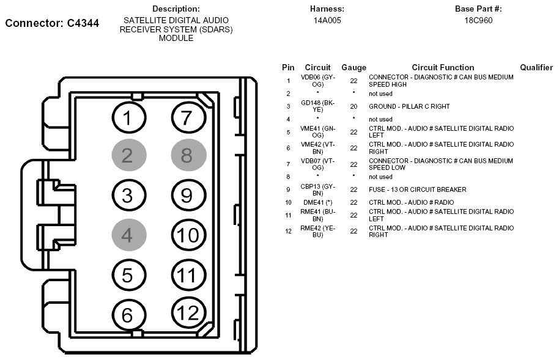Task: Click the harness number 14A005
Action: coord(327,20)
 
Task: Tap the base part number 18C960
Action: coord(478,20)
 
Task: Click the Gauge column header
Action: coord(354,67)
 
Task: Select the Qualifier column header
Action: coord(536,67)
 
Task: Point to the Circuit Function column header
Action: coord(443,67)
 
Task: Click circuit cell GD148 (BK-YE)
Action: coord(317,106)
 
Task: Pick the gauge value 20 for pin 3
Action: coord(354,106)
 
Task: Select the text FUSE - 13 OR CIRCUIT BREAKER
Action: coord(417,189)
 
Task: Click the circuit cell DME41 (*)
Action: coord(317,202)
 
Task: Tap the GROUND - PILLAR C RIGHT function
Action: coord(409,106)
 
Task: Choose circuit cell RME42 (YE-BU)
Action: coord(317,231)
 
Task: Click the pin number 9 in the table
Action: coord(288,189)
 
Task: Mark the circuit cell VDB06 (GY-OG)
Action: coord(317,81)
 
